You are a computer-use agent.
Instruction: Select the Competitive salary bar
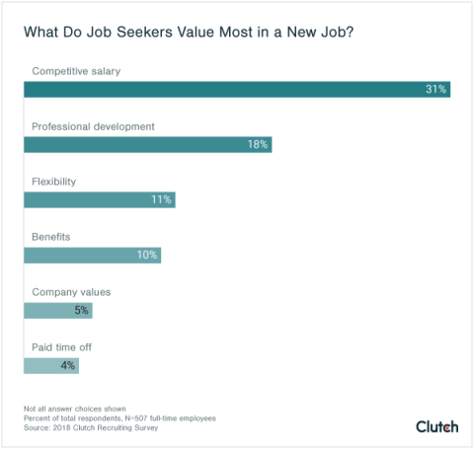(x=237, y=89)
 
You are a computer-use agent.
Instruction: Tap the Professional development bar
(x=147, y=144)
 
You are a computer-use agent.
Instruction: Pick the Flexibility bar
(x=99, y=199)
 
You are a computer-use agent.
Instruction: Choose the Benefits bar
(x=92, y=255)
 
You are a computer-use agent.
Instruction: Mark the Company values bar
(x=57, y=310)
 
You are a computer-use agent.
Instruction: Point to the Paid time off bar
(x=51, y=365)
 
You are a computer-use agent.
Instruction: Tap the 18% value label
(x=258, y=144)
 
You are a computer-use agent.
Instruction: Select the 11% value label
(x=161, y=199)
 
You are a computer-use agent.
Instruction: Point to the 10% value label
(x=147, y=255)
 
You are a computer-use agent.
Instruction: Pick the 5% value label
(x=80, y=310)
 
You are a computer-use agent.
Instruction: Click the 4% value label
(x=66, y=365)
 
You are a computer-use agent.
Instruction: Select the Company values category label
(x=71, y=292)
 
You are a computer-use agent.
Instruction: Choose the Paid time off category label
(x=62, y=347)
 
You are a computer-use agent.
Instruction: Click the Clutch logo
(x=436, y=426)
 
